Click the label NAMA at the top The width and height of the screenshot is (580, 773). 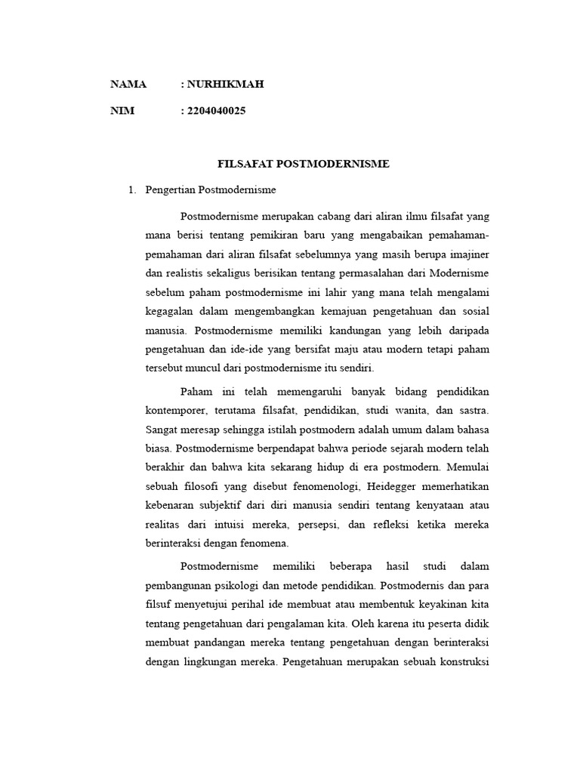tap(128, 85)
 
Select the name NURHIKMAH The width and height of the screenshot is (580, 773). tap(226, 85)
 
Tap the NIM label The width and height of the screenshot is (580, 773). tap(122, 111)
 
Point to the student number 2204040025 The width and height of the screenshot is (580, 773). tap(216, 111)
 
